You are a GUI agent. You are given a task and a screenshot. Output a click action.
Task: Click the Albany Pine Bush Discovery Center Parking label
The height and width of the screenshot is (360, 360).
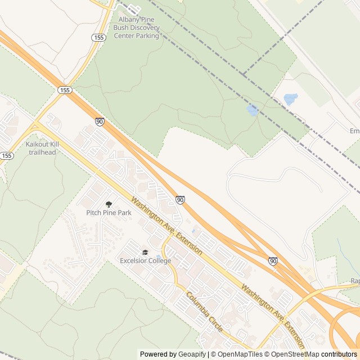pos(137,27)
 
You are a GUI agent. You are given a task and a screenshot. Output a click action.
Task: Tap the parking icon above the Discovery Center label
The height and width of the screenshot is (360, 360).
pos(134,10)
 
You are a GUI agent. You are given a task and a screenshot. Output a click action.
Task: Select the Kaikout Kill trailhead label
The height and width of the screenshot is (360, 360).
pos(42,148)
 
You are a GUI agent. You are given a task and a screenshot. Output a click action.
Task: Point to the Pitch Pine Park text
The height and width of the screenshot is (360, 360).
pos(109,213)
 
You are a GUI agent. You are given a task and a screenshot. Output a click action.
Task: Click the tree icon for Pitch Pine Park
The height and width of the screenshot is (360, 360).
pos(109,204)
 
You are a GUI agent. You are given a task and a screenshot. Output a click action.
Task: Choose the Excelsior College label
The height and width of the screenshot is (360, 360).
pos(145,260)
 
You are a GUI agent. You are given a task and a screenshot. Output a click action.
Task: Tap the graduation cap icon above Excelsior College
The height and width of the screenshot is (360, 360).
pos(145,253)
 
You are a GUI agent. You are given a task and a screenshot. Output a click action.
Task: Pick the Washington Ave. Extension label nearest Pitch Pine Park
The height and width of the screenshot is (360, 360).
pos(166,225)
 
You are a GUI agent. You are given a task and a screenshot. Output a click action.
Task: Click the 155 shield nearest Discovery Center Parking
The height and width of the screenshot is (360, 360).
pos(99,37)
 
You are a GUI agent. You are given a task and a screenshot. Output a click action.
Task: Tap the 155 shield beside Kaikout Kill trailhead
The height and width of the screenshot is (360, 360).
pos(7,155)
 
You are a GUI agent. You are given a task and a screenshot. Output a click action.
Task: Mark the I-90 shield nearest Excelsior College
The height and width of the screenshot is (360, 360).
pos(180,200)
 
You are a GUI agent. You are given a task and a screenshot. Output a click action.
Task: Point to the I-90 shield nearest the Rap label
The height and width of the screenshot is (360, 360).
pos(273,261)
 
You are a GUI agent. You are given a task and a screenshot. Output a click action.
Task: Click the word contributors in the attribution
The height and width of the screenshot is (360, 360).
pos(339,354)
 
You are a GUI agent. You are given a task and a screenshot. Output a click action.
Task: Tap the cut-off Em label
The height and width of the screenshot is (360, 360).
pos(354,130)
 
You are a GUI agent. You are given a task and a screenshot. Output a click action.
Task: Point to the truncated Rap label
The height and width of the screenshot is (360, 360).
pos(354,281)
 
